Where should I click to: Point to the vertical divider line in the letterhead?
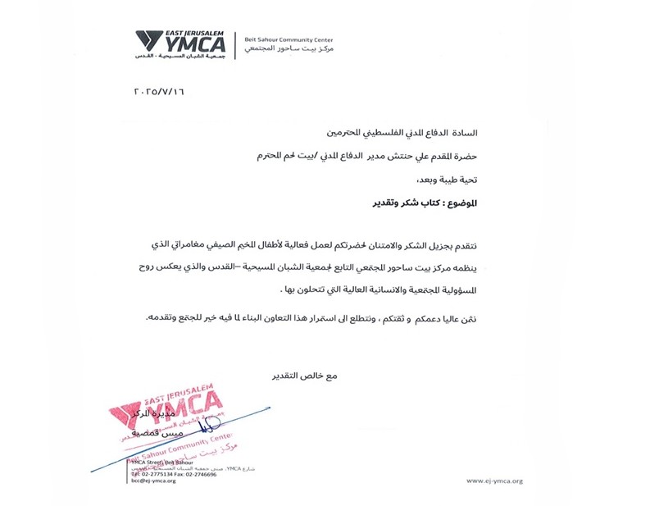pos(236,45)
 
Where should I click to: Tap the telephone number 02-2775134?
pos(156,474)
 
